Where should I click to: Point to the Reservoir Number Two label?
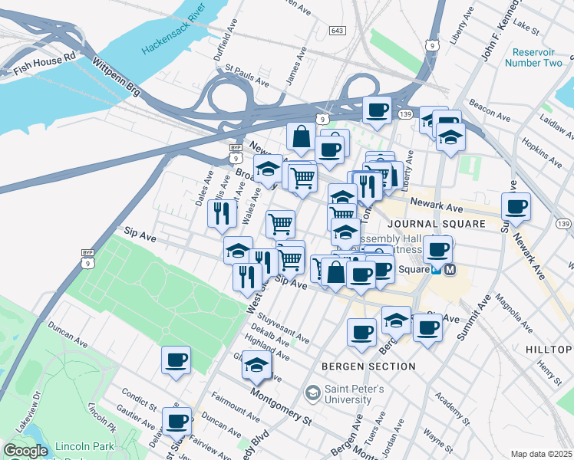click(533, 58)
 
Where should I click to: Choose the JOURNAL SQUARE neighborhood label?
click(436, 224)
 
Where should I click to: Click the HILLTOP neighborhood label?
click(549, 350)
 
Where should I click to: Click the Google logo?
click(25, 451)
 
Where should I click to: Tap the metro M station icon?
click(450, 269)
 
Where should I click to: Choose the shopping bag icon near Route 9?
click(301, 137)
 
